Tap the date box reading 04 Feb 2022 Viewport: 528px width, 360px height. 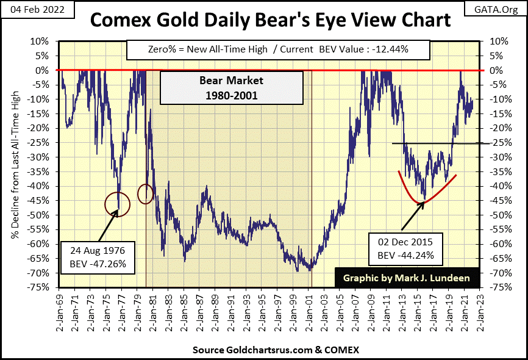pos(32,9)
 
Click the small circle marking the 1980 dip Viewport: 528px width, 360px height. pos(146,194)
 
